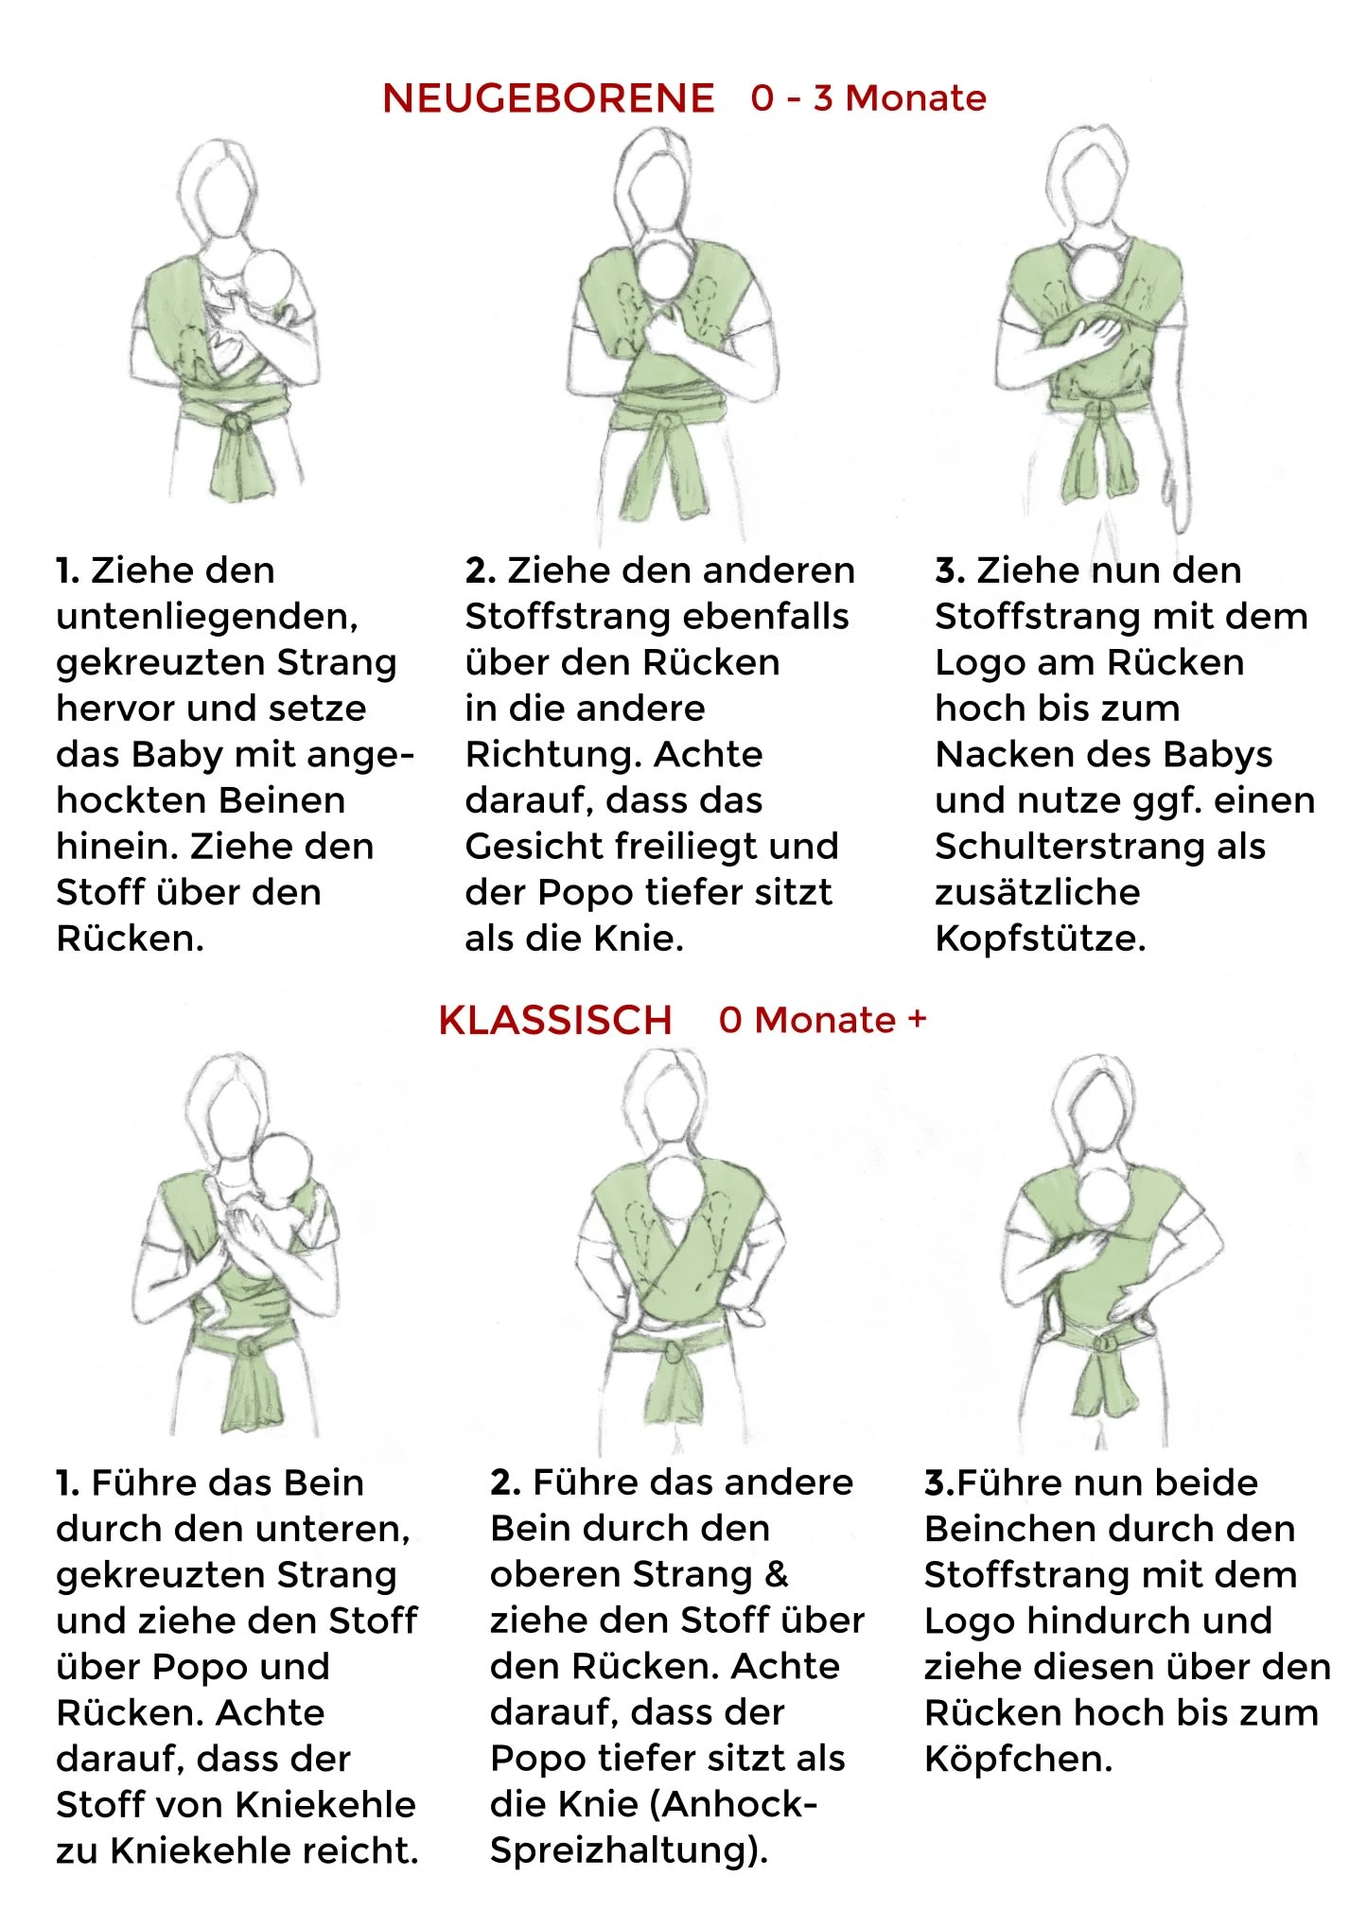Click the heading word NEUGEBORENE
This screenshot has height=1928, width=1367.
(x=548, y=98)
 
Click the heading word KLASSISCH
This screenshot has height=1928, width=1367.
(x=555, y=1020)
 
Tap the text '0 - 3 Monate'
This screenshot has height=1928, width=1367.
(x=868, y=97)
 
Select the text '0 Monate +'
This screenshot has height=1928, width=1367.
(x=822, y=1020)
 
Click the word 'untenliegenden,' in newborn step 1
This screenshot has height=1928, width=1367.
(x=207, y=617)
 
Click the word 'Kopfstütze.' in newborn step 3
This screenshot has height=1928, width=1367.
(x=1040, y=938)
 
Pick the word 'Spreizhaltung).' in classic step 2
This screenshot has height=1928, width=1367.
(x=629, y=1850)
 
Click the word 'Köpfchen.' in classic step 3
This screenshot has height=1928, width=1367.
(x=1018, y=1759)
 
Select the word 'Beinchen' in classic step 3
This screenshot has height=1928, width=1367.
(x=1002, y=1529)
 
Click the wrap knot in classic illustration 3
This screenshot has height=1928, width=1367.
(x=1102, y=1344)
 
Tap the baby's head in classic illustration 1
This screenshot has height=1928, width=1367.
(x=282, y=1170)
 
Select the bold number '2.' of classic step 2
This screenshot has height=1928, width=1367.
(x=505, y=1482)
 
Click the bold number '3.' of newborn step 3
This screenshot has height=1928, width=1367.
(x=949, y=570)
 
